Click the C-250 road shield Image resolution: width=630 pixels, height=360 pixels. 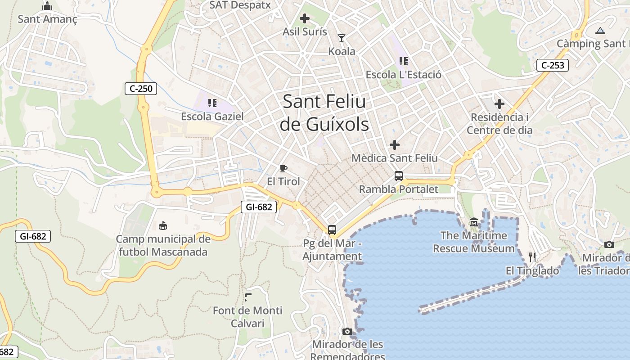point(141,89)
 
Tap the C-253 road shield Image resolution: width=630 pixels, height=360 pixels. point(553,65)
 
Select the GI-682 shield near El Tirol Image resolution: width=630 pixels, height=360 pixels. point(259,207)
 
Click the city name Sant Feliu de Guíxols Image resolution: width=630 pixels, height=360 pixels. point(324,113)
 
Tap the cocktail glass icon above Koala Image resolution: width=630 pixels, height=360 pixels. point(342,38)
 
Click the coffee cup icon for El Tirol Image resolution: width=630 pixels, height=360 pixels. point(283,168)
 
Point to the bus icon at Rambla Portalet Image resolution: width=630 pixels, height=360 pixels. point(399,176)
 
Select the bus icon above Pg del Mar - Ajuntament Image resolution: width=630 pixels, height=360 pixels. point(332,230)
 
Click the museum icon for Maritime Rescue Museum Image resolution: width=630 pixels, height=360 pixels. point(474,222)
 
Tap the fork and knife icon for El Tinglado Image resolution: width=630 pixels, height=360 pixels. point(532,257)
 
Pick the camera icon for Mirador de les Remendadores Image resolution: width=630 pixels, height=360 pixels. point(347,332)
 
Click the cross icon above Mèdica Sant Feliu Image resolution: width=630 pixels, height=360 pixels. point(395,145)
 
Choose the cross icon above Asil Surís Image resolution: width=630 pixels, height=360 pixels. point(305,18)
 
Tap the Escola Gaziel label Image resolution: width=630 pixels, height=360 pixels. point(212,117)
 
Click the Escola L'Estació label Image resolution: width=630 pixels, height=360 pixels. point(404,75)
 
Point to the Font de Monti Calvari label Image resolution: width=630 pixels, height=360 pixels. point(247,317)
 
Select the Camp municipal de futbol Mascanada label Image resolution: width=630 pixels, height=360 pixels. point(163,245)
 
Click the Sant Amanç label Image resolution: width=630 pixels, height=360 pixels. point(47,19)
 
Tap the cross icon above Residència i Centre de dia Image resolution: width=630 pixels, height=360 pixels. point(499,104)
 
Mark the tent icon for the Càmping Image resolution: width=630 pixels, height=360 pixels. point(600,31)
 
